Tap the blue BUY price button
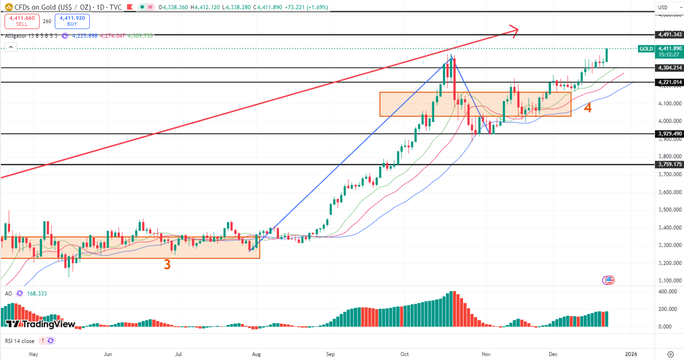click(72, 21)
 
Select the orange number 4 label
click(588, 108)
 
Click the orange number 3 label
click(168, 265)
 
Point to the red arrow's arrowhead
click(516, 30)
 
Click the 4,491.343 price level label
click(669, 35)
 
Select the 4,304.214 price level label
click(669, 68)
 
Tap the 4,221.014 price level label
click(669, 82)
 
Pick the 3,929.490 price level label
click(669, 134)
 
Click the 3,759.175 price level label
click(669, 164)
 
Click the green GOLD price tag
click(646, 49)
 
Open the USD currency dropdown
click(670, 7)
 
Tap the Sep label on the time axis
click(330, 354)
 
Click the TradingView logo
click(41, 324)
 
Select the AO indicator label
click(9, 293)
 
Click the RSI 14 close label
click(20, 341)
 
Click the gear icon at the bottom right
click(670, 354)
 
